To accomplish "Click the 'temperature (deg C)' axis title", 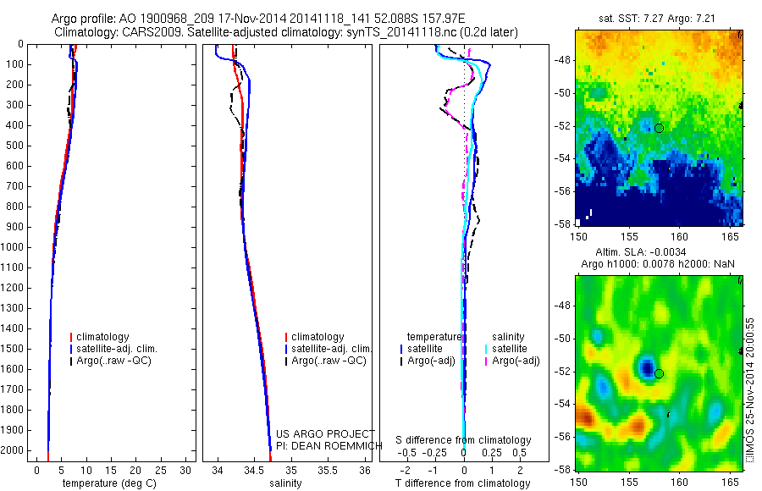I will pos(107,483).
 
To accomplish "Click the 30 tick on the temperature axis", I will pos(187,469).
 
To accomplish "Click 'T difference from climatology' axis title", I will pos(462,483).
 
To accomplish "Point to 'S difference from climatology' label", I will pos(463,440).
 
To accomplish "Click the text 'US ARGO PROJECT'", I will pos(325,434).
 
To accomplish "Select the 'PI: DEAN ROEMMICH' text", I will pos(323,445).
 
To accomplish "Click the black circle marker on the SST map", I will pos(660,128).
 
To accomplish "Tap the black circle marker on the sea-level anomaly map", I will pos(660,373).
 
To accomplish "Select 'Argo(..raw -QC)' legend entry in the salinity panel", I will pos(329,361).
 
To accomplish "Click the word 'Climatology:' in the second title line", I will pos(84,31).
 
